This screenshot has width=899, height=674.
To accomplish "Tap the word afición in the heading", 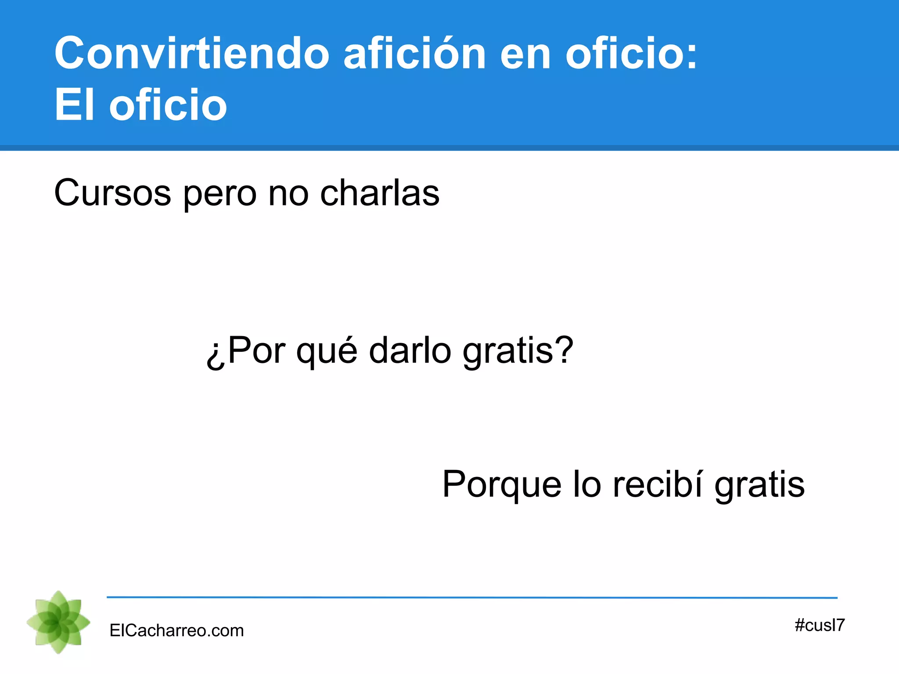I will coord(414,54).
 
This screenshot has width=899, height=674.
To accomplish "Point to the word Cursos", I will coord(112,193).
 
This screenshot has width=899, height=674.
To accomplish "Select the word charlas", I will coord(380,193).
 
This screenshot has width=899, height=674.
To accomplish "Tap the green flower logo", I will coord(58,622).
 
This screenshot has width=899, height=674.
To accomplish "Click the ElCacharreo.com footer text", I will coord(176,631).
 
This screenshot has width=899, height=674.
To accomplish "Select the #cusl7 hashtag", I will coord(820,625).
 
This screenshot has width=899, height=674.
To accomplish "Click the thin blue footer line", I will coord(472,597).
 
